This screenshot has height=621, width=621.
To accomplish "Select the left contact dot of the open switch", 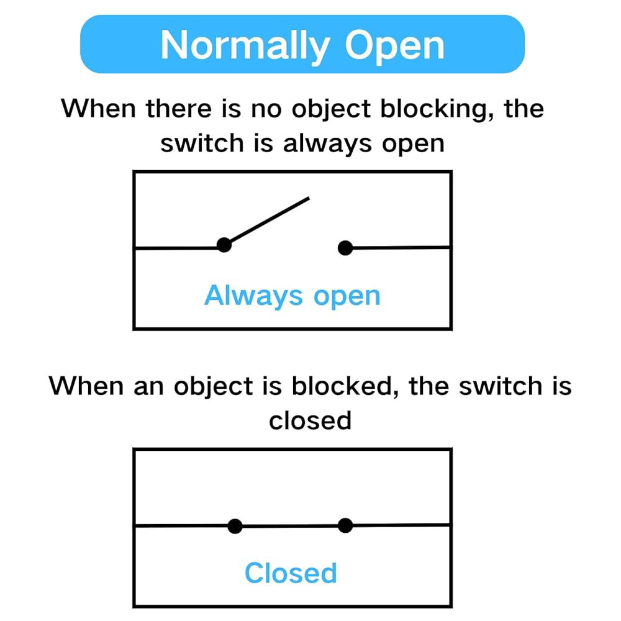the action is tap(224, 245).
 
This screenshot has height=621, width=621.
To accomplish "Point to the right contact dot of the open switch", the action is tap(345, 248).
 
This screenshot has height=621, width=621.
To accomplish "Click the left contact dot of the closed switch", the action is tap(235, 527).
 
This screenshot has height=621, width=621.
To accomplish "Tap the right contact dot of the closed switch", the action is tap(345, 525).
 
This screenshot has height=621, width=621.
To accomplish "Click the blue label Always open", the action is tap(292, 296).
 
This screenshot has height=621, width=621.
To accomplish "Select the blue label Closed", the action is tap(291, 573).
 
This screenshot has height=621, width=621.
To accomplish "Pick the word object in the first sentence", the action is tap(331, 109).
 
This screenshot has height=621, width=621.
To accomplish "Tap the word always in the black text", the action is tap(327, 144).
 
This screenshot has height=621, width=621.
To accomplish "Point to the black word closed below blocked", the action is tap(310, 420).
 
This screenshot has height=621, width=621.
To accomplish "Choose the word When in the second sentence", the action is tap(86, 386).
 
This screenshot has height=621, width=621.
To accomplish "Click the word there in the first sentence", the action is tap(179, 109).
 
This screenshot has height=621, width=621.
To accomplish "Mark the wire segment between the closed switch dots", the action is tap(290, 526).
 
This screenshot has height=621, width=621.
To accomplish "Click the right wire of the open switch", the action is tap(401, 248).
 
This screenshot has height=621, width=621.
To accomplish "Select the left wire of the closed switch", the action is tap(182, 526).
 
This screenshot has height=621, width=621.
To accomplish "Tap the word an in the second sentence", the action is tap(149, 388).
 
